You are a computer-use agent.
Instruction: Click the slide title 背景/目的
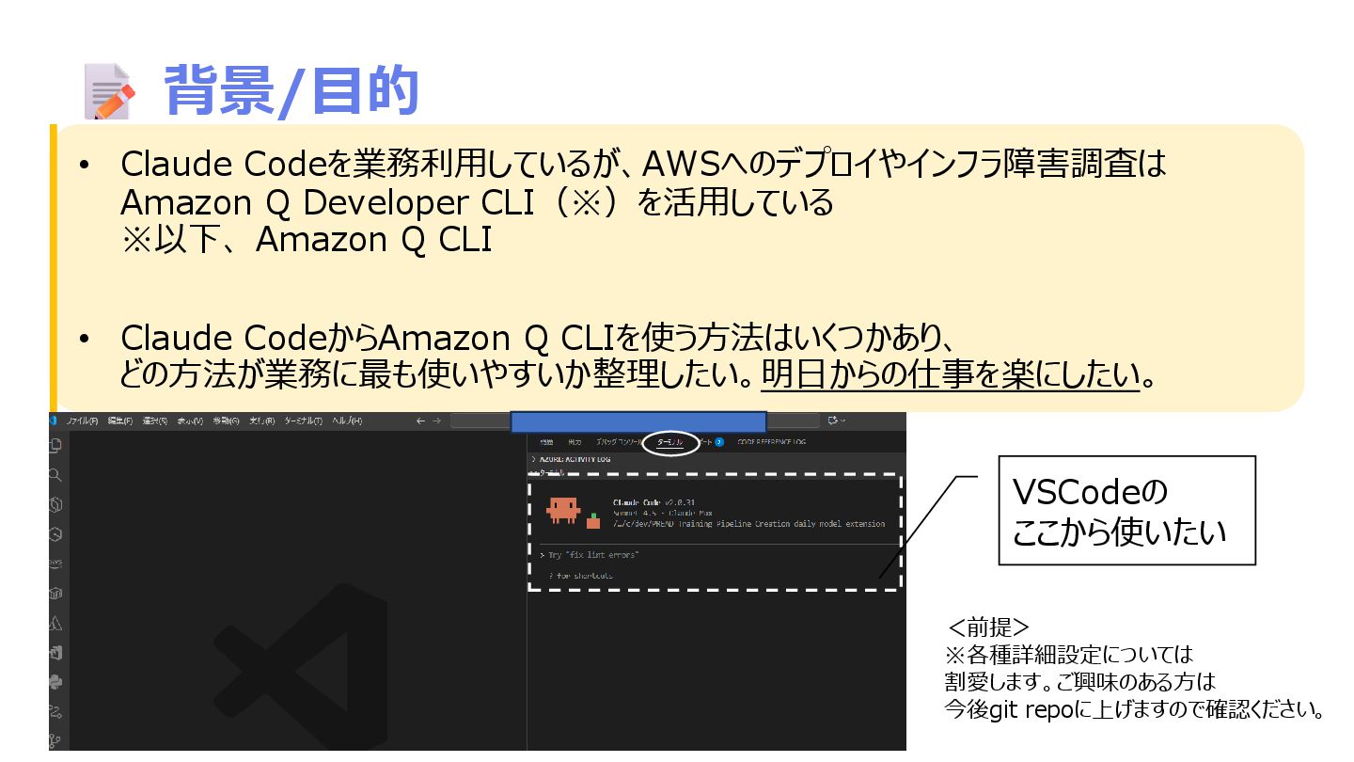[291, 90]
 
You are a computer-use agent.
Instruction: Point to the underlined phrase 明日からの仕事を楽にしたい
[950, 376]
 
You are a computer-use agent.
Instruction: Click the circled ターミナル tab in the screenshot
[671, 441]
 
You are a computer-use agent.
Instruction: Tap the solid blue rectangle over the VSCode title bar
[638, 421]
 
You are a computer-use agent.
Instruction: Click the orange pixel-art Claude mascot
[563, 509]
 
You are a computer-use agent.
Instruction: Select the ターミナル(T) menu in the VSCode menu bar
[303, 421]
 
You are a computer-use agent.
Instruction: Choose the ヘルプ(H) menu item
[347, 421]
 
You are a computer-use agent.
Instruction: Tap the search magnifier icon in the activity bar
[55, 475]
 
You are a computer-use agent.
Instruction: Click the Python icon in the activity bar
[55, 682]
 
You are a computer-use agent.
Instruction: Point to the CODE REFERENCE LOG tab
[771, 441]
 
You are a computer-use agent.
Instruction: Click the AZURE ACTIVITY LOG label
[575, 459]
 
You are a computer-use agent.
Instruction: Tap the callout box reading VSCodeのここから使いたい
[1126, 511]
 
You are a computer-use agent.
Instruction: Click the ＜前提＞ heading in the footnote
[988, 627]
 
